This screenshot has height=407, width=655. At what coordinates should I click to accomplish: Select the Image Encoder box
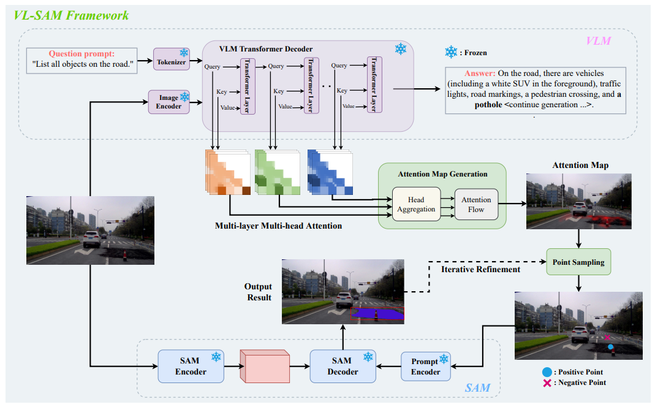[169, 102]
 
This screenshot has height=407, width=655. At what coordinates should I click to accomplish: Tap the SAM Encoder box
[191, 367]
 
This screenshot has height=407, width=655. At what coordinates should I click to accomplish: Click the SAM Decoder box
[342, 367]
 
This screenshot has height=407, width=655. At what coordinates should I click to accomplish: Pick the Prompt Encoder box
[425, 367]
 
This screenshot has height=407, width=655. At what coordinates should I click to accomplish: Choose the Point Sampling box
[579, 262]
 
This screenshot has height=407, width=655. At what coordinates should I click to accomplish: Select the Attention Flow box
[476, 205]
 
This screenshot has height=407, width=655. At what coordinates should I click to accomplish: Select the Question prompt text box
[82, 59]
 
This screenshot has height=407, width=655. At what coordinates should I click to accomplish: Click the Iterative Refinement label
[472, 269]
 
